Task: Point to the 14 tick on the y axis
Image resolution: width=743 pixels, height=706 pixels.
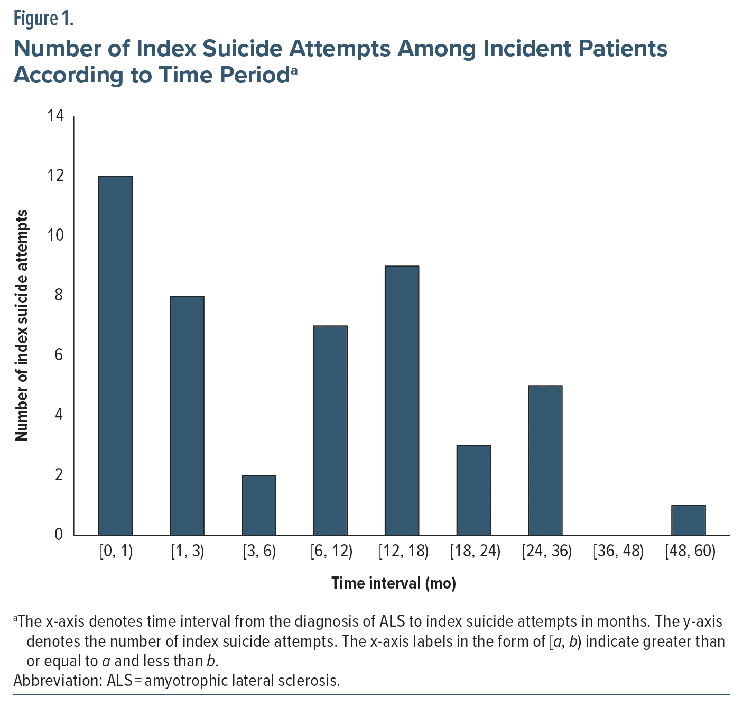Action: coord(55,116)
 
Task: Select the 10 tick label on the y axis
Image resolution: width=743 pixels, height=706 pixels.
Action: coord(55,235)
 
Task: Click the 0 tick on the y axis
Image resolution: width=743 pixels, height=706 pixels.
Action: coord(59,535)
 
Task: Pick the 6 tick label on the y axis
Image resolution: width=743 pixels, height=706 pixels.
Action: coord(59,355)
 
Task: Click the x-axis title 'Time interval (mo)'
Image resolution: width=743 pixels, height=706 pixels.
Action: coord(394,583)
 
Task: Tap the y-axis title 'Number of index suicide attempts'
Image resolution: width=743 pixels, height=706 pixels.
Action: coord(21,325)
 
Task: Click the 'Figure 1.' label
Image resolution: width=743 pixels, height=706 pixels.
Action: coord(43,19)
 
